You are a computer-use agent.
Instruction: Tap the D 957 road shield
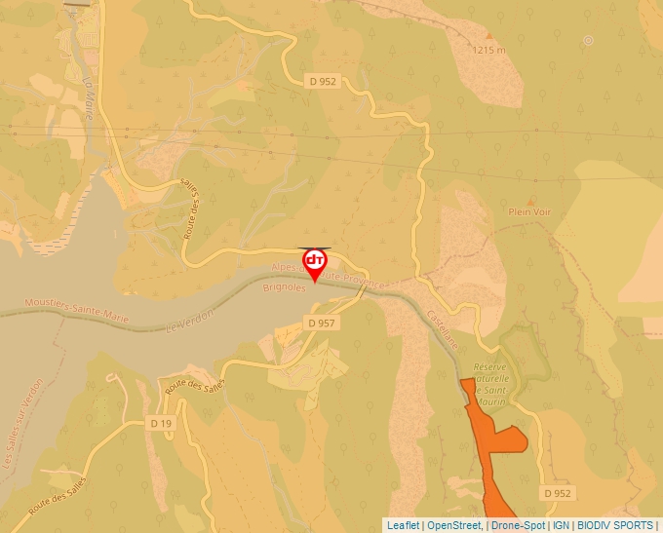coord(321,323)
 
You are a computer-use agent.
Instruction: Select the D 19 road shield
coord(161,424)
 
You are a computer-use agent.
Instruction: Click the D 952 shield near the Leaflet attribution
coord(558,493)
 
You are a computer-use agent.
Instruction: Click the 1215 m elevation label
coord(488,50)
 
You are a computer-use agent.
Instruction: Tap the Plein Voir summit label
coord(529,211)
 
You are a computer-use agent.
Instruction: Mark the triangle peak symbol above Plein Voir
coord(530,199)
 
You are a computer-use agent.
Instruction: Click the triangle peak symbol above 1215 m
coord(489,36)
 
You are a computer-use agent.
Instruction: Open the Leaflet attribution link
coord(403,525)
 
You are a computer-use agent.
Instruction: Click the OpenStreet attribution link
coord(454,525)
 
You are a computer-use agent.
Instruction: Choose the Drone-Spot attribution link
coord(517,525)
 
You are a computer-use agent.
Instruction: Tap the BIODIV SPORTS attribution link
coord(615,525)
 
